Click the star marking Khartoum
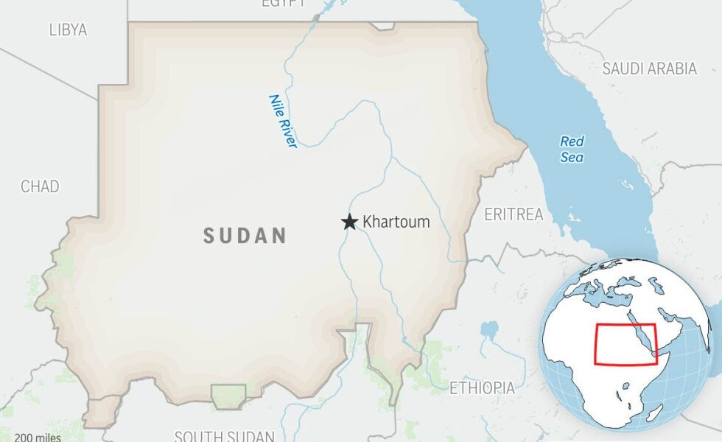(x=349, y=222)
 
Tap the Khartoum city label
(x=396, y=222)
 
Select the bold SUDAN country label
(x=245, y=236)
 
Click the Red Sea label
(x=572, y=150)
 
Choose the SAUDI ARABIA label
(x=649, y=69)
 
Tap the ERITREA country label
(x=514, y=214)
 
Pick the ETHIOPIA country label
(x=482, y=387)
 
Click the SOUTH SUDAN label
(x=224, y=436)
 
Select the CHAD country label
(x=40, y=186)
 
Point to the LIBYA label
(x=68, y=30)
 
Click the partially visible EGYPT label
(x=284, y=4)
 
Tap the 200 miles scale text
(x=38, y=438)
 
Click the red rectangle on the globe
(x=625, y=344)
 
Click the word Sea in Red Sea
(x=572, y=158)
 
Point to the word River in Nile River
(x=287, y=133)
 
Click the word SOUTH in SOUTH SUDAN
(x=197, y=436)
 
